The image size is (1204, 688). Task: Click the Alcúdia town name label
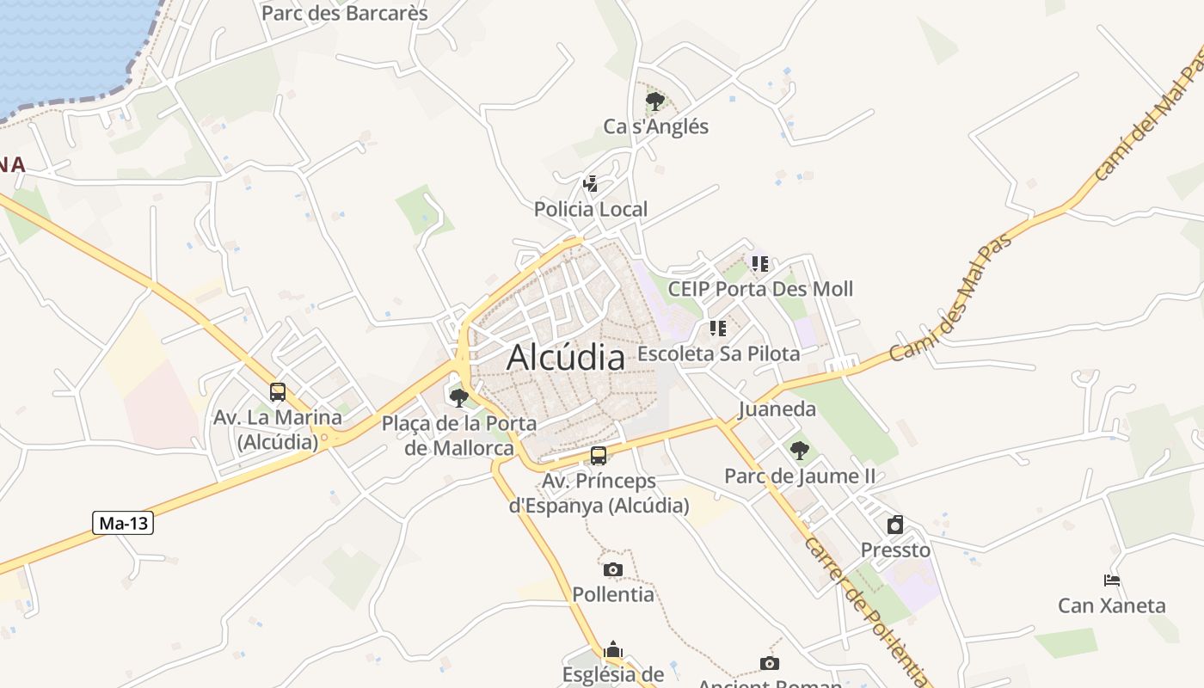click(x=565, y=358)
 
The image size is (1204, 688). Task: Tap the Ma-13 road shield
click(x=124, y=523)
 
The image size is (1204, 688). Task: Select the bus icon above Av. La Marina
click(x=277, y=392)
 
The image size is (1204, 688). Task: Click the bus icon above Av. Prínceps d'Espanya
click(x=599, y=456)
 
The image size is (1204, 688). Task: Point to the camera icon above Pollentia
click(x=613, y=569)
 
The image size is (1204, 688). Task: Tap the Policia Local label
click(x=591, y=209)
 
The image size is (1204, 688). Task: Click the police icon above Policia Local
click(x=590, y=183)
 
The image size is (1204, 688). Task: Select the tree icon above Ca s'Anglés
click(x=655, y=101)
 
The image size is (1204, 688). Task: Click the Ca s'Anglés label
click(x=655, y=126)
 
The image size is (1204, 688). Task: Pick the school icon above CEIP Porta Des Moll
click(x=759, y=263)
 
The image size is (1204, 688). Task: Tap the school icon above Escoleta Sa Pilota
click(x=717, y=328)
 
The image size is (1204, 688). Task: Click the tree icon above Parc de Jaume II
click(x=799, y=450)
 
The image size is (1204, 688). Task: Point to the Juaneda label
click(x=777, y=409)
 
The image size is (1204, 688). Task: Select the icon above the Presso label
click(x=895, y=524)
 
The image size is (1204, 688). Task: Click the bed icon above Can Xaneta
click(x=1111, y=580)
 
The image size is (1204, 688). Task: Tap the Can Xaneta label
click(x=1111, y=605)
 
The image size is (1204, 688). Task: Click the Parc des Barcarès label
click(x=344, y=13)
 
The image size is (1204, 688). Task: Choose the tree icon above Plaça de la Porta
click(x=459, y=397)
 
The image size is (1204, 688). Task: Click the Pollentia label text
click(x=613, y=594)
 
